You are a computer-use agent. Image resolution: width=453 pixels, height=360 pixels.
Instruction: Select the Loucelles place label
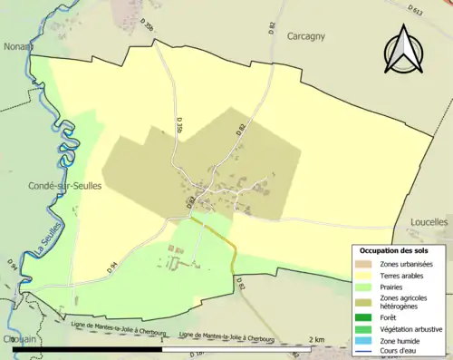(x=429, y=220)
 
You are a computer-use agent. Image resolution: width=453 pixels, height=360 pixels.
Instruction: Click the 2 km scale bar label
(x=315, y=339)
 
